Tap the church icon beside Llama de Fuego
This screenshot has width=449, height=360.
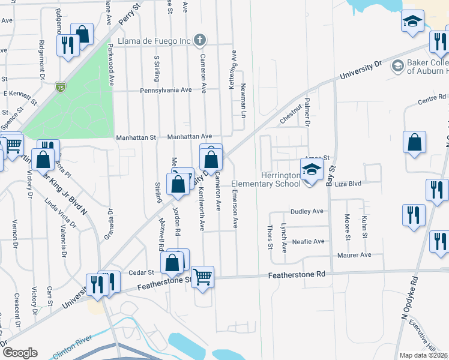point(200,41)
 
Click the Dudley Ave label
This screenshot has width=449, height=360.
point(307,212)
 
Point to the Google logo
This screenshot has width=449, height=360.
point(20,353)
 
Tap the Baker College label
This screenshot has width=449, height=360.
point(427,67)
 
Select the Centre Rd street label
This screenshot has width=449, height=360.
point(432,98)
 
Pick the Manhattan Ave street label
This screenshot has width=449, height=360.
point(190,137)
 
